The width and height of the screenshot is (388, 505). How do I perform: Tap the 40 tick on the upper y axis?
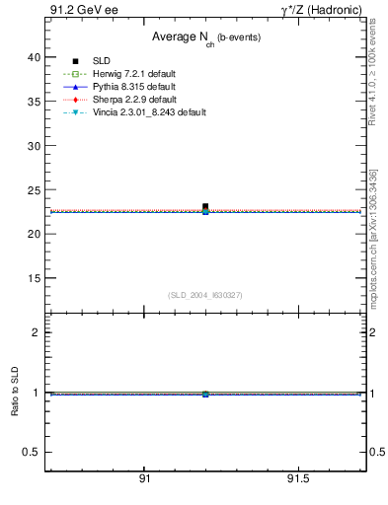point(34,57)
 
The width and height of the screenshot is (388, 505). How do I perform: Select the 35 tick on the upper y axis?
point(34,102)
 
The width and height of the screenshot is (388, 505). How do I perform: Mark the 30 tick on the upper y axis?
point(34,146)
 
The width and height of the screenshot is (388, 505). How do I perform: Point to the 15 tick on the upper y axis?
point(34,278)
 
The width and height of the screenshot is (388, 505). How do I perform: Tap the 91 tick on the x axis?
point(144,479)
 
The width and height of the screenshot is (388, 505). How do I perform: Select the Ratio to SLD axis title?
point(15,393)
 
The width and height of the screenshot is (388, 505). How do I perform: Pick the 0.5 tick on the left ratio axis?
point(32,452)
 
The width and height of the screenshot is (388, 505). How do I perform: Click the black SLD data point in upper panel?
point(205,206)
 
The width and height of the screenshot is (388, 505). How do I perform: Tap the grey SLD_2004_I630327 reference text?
point(204,295)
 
